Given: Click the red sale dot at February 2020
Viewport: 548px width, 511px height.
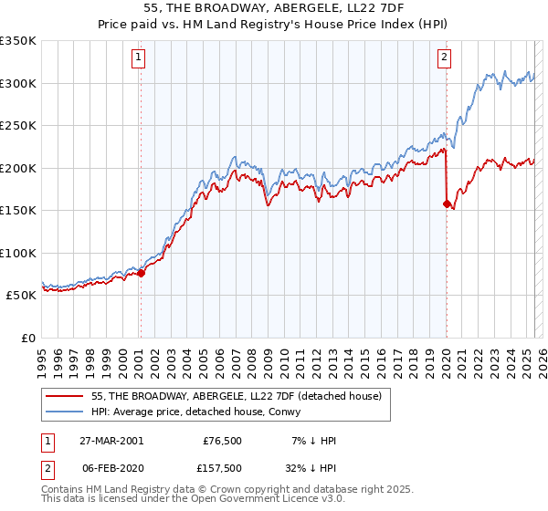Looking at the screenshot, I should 447,203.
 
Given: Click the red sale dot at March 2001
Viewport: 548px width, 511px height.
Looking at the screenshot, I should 141,273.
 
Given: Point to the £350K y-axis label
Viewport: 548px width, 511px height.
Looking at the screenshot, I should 18,41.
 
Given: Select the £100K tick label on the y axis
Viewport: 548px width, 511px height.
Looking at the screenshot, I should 18,253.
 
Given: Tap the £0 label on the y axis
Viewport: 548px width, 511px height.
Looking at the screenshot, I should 27,338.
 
